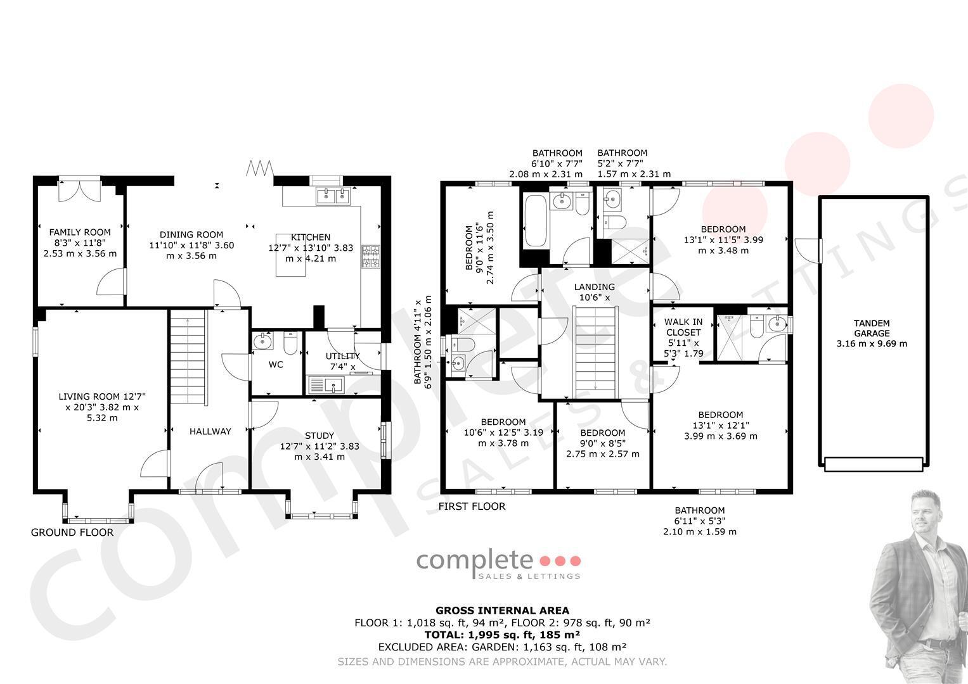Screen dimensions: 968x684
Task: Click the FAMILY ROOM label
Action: [x=80, y=232]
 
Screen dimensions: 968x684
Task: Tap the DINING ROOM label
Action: [x=191, y=235]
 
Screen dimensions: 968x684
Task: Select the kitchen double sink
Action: [x=333, y=196]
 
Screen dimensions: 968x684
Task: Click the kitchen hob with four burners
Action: [x=371, y=256]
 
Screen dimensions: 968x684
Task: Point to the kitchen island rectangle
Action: [x=291, y=255]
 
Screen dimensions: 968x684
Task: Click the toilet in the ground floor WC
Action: [x=290, y=343]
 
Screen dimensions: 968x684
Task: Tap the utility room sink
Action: [x=326, y=385]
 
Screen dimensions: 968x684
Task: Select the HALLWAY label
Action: [x=210, y=431]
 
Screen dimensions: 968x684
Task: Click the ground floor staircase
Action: [x=188, y=357]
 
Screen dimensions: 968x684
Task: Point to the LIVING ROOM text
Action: [x=90, y=396]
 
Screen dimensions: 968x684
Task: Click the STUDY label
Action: [x=319, y=436]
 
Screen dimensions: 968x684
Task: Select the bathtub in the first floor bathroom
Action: [x=536, y=221]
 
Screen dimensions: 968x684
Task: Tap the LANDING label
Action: [x=595, y=287]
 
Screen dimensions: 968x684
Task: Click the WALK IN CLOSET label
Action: [x=683, y=327]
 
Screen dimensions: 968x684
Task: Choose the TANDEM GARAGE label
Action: [x=872, y=328]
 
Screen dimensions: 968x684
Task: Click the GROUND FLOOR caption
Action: [x=72, y=533]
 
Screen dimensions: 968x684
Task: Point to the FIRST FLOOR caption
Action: [x=472, y=507]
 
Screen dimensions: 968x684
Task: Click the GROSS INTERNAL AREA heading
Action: [x=502, y=611]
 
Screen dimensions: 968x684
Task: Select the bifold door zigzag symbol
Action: [x=260, y=168]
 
